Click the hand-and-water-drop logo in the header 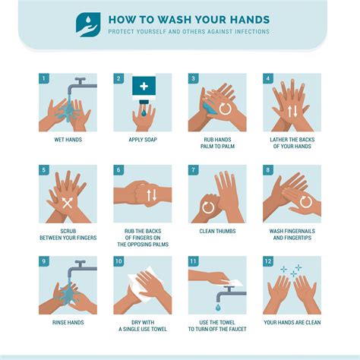pyautogui.click(x=88, y=25)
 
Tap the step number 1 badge pyautogui.click(x=43, y=78)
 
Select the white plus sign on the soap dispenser pyautogui.click(x=144, y=87)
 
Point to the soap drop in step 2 pyautogui.click(x=144, y=112)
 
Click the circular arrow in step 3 pyautogui.click(x=225, y=109)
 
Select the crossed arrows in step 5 pyautogui.click(x=67, y=203)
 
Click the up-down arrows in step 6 pyautogui.click(x=152, y=195)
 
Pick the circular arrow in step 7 pyautogui.click(x=208, y=207)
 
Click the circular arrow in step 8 pyautogui.click(x=306, y=202)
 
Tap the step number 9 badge pyautogui.click(x=43, y=261)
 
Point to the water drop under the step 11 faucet pyautogui.click(x=218, y=308)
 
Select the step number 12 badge pyautogui.click(x=268, y=261)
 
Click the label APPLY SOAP pyautogui.click(x=143, y=140)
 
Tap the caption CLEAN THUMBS pyautogui.click(x=217, y=231)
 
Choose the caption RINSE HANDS pyautogui.click(x=68, y=323)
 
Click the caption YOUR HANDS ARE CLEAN pyautogui.click(x=292, y=323)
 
